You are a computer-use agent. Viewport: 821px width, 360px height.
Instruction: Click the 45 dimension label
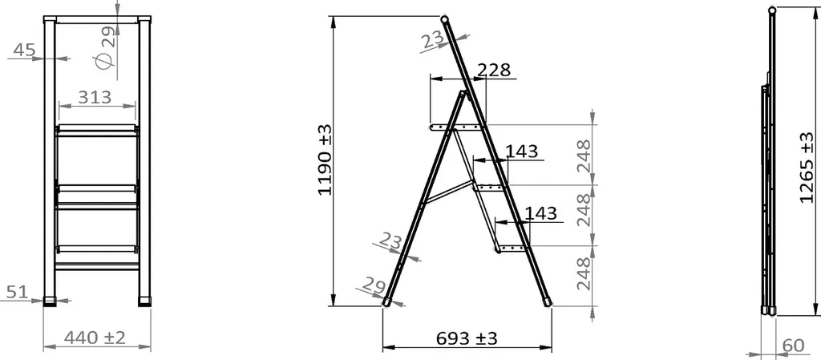pos(24,50)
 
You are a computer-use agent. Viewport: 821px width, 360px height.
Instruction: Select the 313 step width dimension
pos(95,97)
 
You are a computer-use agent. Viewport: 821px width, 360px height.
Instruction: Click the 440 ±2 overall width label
pos(95,338)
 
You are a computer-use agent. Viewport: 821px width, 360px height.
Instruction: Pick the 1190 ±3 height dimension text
pos(325,160)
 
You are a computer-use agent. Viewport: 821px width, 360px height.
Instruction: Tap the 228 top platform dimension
pos(494,70)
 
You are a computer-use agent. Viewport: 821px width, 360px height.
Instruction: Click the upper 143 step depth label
pos(521,152)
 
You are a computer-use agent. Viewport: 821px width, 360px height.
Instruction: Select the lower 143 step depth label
pos(540,213)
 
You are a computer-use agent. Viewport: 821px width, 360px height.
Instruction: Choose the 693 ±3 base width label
pos(467,338)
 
